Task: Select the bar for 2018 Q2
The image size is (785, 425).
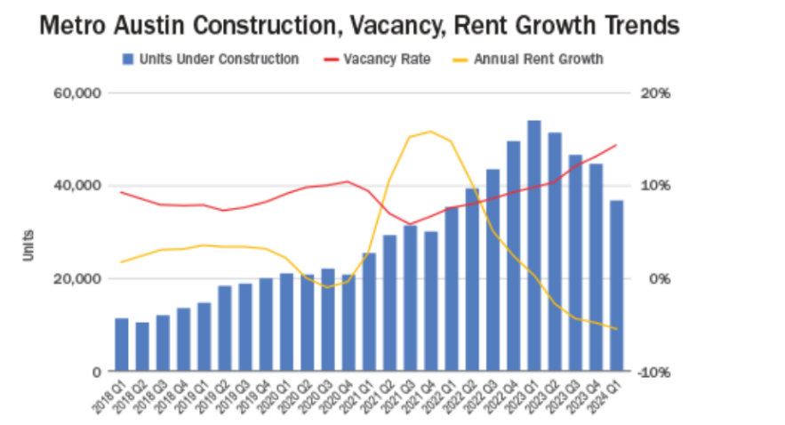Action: coord(142,347)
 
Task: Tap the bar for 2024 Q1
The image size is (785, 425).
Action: coord(616,285)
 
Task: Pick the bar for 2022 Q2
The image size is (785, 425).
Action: coord(472,279)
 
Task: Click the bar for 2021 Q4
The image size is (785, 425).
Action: coord(430,301)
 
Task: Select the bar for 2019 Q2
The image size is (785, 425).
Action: coord(225,328)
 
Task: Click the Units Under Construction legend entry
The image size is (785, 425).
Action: coord(211,60)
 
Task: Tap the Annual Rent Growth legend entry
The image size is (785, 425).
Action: coord(533,60)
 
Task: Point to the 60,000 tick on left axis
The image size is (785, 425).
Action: coord(79,93)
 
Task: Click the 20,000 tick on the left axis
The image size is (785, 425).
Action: coord(79,278)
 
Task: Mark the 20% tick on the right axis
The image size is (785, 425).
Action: coord(656,93)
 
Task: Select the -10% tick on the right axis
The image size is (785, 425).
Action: coord(654,371)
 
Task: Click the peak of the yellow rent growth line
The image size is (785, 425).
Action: coord(430,132)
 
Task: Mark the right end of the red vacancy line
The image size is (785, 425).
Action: coord(616,145)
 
